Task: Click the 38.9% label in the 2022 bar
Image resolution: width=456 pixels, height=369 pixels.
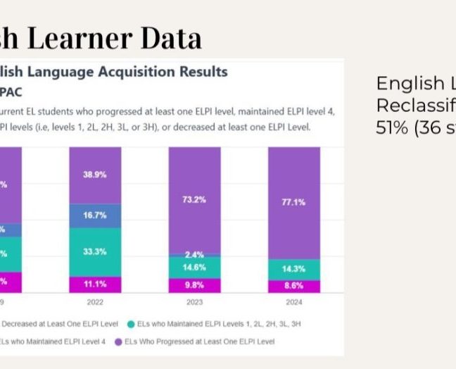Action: click(95, 175)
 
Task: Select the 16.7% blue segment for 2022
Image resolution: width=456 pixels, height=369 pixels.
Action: click(95, 215)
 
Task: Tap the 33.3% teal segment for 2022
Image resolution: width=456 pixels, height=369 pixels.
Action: click(95, 251)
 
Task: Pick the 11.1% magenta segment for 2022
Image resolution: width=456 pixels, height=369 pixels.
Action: click(95, 284)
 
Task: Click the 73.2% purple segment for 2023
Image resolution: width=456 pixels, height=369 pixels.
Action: click(194, 200)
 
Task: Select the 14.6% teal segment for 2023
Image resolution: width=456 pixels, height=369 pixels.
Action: click(194, 267)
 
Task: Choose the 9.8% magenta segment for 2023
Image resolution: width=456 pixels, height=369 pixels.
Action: click(194, 285)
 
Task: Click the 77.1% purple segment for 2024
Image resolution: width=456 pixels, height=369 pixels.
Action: click(293, 202)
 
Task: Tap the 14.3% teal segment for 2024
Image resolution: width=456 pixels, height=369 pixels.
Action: click(293, 269)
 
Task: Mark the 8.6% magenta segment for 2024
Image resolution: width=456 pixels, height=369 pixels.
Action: click(293, 287)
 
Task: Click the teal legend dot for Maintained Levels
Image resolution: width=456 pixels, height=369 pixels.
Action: click(132, 324)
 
